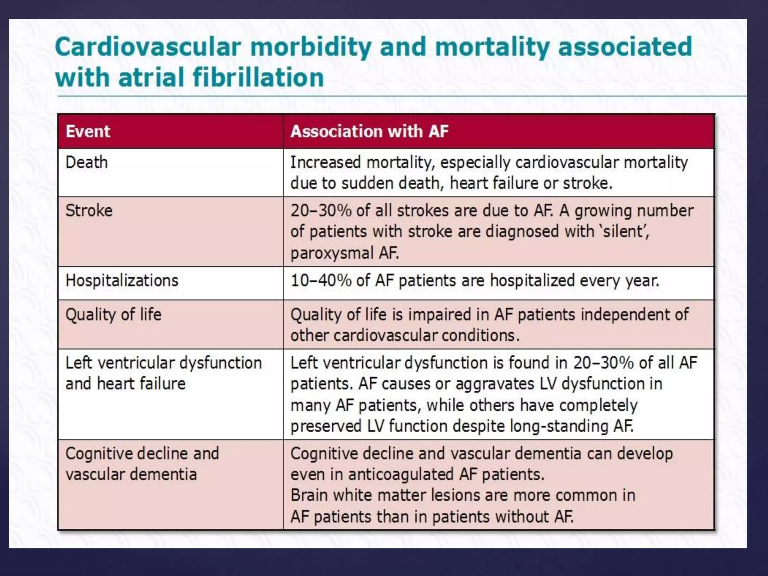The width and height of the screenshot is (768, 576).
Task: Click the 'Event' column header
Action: point(88,132)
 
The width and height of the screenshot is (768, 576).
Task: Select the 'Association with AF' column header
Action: point(369,132)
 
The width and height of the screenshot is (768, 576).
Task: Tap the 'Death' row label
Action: point(87,163)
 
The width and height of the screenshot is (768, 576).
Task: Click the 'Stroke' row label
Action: point(89,211)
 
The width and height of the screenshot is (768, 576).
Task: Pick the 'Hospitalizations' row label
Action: point(122,281)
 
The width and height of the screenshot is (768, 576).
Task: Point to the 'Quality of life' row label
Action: point(113,315)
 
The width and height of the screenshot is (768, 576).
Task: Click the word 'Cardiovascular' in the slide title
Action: point(148,47)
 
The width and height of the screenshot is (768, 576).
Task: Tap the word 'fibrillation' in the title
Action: point(258,78)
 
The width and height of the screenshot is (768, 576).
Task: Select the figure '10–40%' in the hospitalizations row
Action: point(321,281)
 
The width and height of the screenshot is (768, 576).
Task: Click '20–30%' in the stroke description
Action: point(321,211)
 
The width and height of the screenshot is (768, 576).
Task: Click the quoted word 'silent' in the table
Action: point(623,231)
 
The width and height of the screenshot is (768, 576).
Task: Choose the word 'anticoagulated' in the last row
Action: point(401,475)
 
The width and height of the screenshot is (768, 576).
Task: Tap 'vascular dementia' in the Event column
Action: point(131,475)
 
